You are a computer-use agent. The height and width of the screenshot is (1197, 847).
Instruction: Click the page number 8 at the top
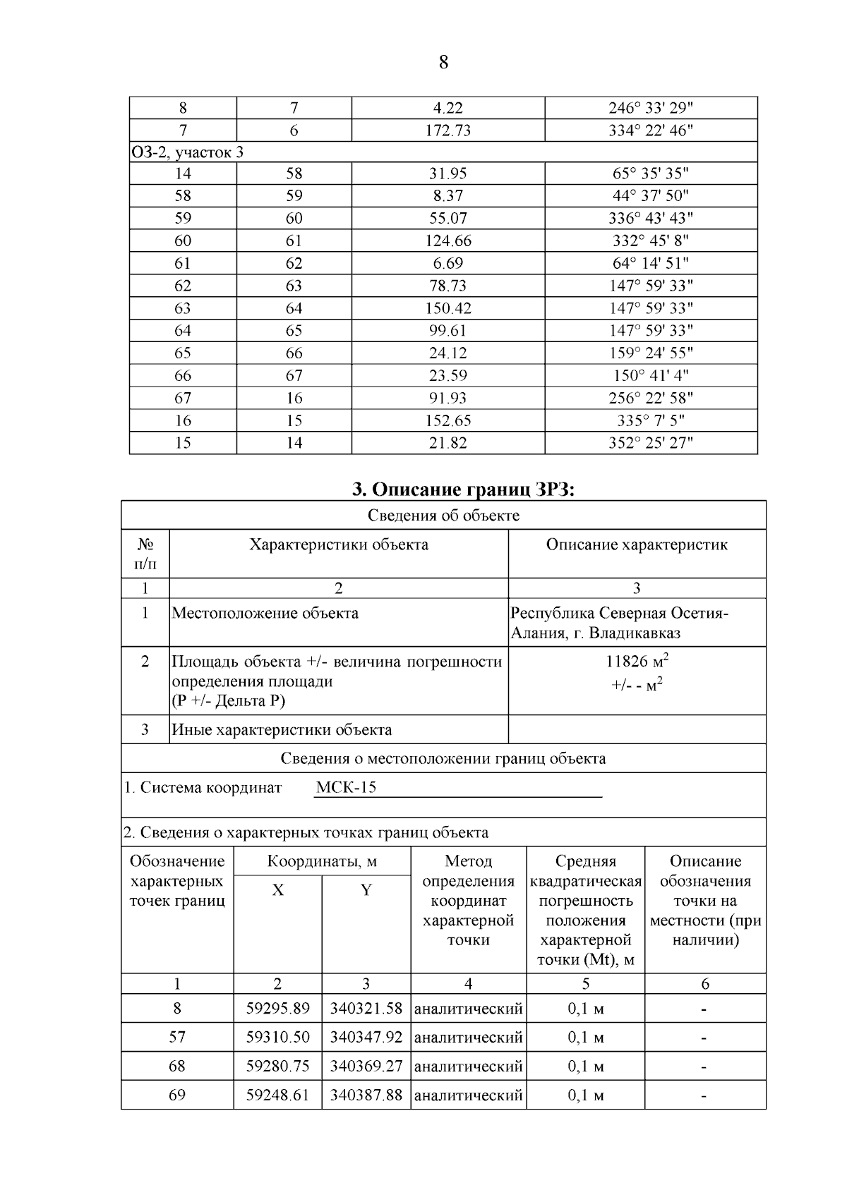click(x=443, y=63)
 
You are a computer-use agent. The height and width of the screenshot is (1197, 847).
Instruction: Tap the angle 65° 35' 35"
click(x=650, y=174)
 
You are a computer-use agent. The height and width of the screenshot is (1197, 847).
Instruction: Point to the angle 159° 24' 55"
click(x=650, y=353)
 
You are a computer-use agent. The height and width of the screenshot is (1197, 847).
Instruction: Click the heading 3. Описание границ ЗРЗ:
click(x=464, y=489)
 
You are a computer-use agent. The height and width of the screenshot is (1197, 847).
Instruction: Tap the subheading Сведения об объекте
click(x=443, y=516)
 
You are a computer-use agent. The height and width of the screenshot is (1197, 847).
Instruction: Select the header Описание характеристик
click(x=637, y=545)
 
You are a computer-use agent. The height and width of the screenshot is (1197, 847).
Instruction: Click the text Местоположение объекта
click(x=265, y=613)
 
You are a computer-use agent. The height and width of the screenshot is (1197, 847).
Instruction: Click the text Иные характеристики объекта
click(x=282, y=730)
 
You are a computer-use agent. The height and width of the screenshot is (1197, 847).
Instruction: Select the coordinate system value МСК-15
click(x=346, y=788)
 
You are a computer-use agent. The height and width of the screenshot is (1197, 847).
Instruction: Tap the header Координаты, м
click(x=322, y=861)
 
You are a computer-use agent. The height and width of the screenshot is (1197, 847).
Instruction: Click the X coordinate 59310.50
click(x=277, y=1038)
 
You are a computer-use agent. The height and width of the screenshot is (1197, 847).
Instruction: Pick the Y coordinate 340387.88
click(x=366, y=1095)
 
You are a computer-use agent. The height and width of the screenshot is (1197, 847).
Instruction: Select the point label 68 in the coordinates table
click(x=176, y=1067)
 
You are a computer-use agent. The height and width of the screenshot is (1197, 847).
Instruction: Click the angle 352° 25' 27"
click(x=650, y=443)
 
